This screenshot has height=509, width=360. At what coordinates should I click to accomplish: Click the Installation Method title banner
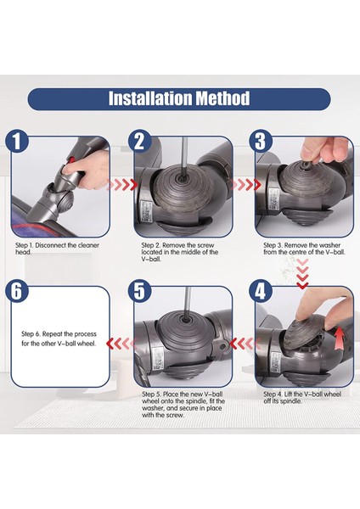pos(179,98)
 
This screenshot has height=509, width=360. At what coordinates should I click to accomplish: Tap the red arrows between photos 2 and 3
pos(244,184)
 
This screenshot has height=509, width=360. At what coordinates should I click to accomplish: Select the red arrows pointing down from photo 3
pos(301,271)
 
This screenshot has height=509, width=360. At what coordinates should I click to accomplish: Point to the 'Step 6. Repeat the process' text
pos(59,339)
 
